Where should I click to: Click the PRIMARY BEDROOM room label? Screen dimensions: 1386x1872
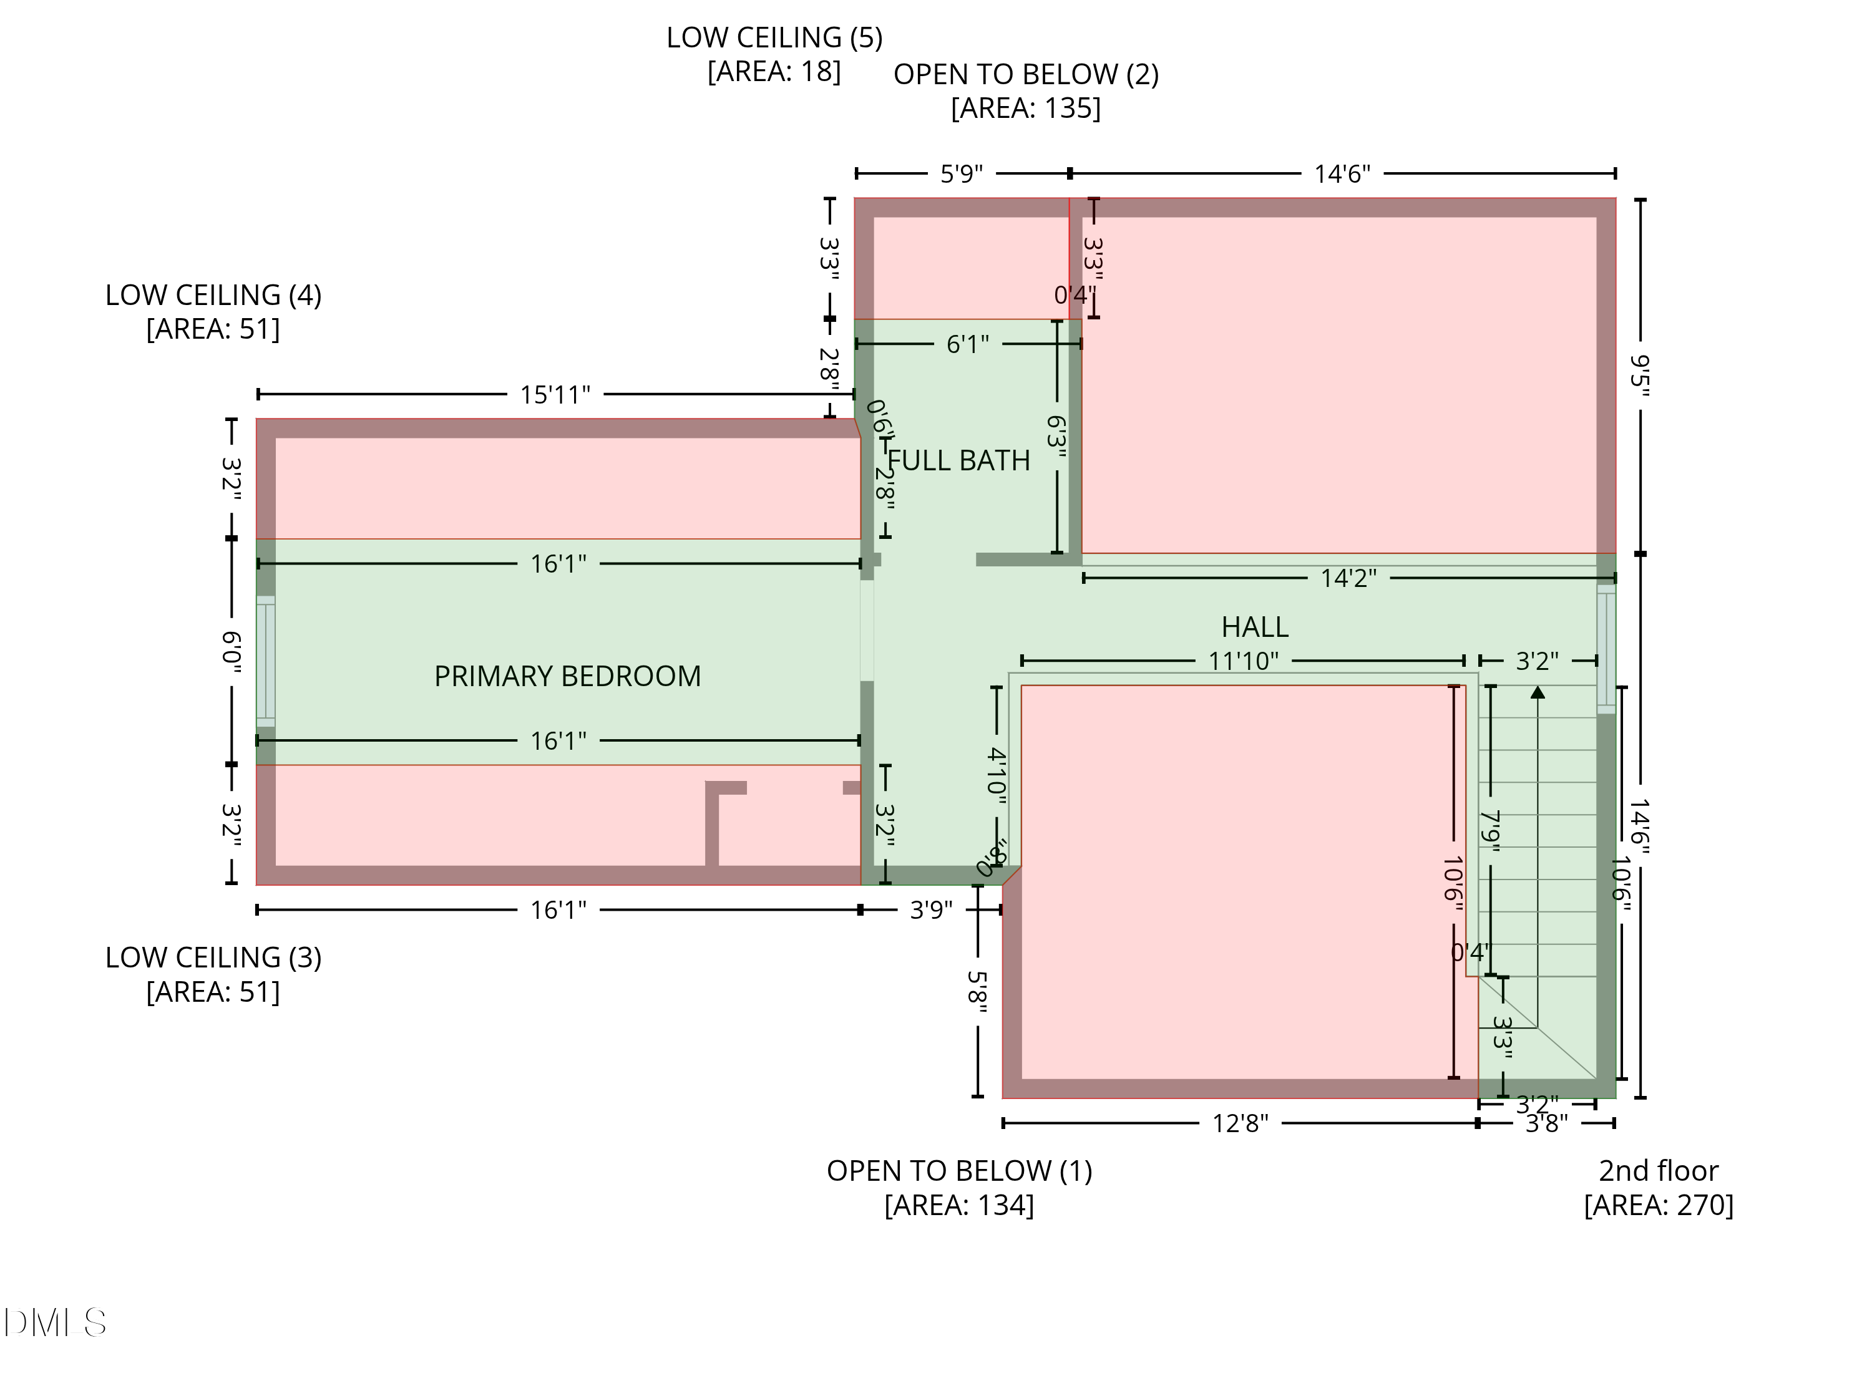coord(567,676)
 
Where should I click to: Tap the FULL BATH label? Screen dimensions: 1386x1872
coord(958,460)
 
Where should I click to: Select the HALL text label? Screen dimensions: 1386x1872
coord(1254,627)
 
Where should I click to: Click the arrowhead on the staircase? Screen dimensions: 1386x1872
coord(1537,693)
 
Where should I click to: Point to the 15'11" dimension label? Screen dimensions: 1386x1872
coord(555,394)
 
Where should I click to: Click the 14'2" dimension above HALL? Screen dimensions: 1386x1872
coord(1348,578)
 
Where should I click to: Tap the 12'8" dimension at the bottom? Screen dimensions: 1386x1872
coord(1240,1123)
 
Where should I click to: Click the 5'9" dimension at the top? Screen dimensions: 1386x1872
coord(961,173)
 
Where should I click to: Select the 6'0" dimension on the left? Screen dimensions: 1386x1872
coord(232,652)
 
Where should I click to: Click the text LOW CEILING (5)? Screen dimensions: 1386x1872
coord(774,38)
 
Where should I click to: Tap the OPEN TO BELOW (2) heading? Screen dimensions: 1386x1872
coord(1025,75)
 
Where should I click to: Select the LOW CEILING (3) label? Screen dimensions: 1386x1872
coord(213,957)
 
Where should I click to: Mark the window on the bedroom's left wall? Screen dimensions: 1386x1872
coord(265,661)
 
